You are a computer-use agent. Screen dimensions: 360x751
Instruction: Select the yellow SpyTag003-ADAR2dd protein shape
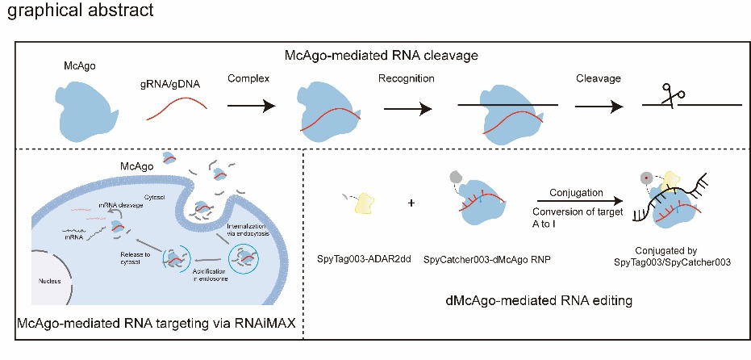coord(366,208)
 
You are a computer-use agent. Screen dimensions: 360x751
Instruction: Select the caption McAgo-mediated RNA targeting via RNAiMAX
coord(154,323)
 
